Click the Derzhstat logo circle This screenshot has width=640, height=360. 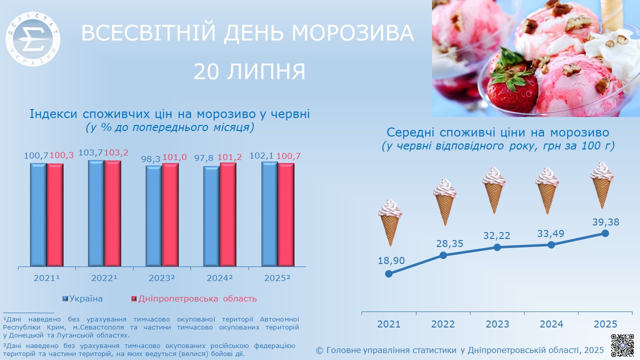click(33, 39)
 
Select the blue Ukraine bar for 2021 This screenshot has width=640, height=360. click(38, 215)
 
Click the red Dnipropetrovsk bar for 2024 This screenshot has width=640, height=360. click(228, 214)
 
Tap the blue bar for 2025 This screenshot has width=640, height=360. click(269, 214)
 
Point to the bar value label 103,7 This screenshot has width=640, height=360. click(90, 153)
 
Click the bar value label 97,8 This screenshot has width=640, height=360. click(203, 157)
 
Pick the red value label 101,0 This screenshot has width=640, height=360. click(174, 157)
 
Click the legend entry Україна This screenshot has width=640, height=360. click(82, 299)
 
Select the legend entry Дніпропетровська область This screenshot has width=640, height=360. click(194, 299)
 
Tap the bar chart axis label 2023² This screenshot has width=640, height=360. click(161, 278)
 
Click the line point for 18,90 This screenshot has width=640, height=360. click(388, 273)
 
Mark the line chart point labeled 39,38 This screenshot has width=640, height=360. click(605, 233)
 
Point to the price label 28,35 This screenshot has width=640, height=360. click(449, 243)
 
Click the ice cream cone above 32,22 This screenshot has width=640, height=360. click(493, 190)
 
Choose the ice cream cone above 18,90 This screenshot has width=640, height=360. click(390, 222)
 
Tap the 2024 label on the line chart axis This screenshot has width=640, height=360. click(551, 324)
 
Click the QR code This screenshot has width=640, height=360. click(622, 345)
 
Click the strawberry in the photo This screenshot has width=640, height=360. click(512, 84)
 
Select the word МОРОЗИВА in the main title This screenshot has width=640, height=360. click(352, 33)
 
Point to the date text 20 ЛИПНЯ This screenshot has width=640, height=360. click(249, 71)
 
